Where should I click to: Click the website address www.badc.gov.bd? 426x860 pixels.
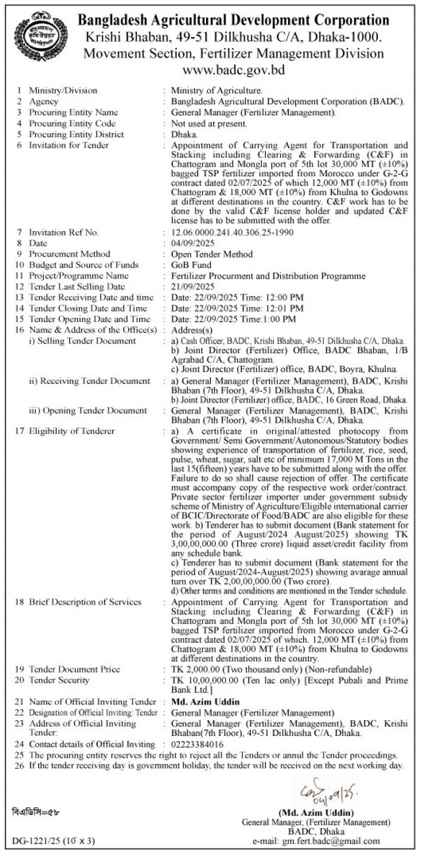click(233, 70)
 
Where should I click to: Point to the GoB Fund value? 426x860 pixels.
click(191, 265)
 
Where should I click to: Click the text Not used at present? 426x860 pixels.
click(209, 123)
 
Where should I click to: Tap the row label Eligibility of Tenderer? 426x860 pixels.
click(72, 431)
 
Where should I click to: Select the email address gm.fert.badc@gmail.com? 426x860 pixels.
click(331, 841)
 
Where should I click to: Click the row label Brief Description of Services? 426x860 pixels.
click(85, 602)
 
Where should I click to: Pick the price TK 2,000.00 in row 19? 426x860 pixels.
click(198, 669)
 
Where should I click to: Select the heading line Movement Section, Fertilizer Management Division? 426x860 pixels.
click(233, 53)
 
